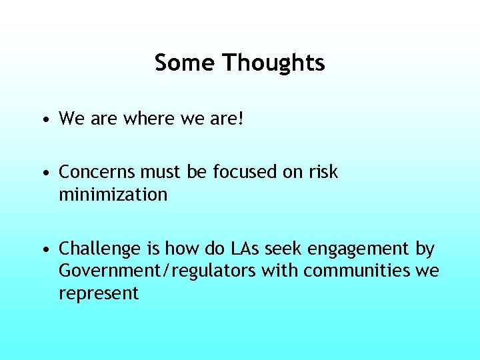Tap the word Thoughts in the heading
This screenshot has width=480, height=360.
(273, 63)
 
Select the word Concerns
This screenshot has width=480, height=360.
(97, 172)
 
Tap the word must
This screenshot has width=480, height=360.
(161, 172)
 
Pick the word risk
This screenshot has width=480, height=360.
(323, 172)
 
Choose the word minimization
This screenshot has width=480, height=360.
(113, 195)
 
